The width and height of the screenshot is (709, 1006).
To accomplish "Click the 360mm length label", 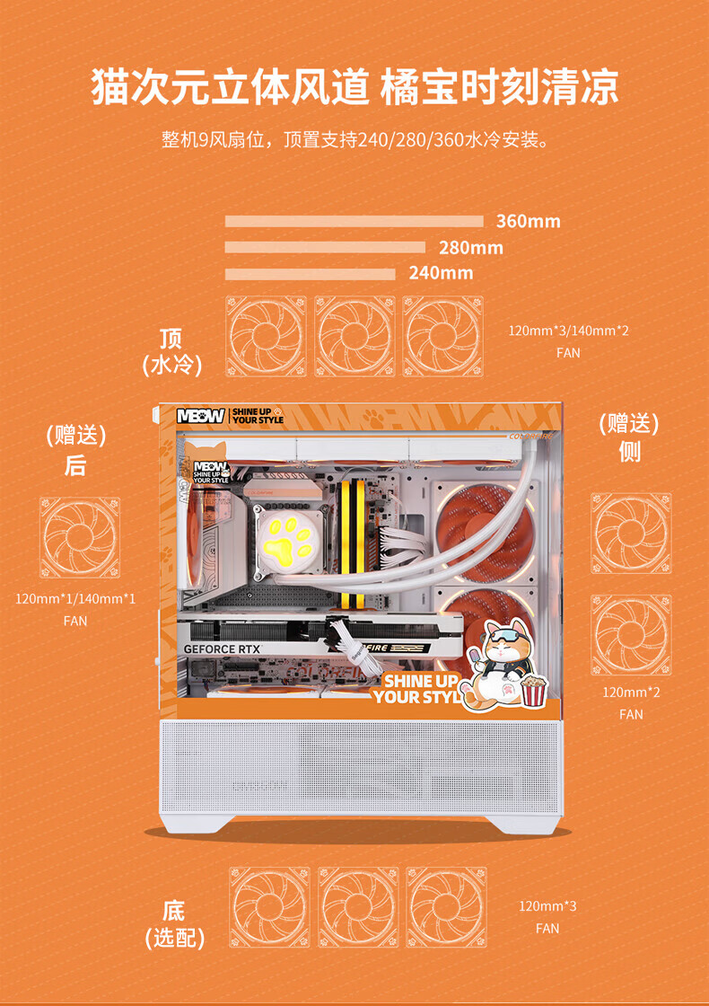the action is click(528, 221).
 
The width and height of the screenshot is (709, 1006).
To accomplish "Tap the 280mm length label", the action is click(470, 247).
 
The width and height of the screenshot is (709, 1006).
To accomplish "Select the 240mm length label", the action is click(441, 272).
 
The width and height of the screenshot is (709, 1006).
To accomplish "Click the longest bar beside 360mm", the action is click(354, 221).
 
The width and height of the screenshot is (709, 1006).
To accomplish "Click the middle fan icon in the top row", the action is click(354, 337).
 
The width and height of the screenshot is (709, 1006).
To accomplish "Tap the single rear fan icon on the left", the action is click(79, 538).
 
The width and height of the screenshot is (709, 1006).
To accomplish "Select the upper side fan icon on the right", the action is click(631, 534).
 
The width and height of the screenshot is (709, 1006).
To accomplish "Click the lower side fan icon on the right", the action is click(631, 634).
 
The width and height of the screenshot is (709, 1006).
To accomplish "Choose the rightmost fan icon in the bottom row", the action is click(446, 906).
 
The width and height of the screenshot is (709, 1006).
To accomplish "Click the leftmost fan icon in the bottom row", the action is click(269, 906).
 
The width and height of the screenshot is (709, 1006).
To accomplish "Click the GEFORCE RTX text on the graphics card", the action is click(223, 649).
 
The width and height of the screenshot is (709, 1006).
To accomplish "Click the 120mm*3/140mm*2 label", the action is click(568, 331).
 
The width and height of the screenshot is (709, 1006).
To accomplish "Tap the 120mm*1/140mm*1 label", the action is click(75, 598).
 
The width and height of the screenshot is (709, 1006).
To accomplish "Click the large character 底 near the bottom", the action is click(173, 910).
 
